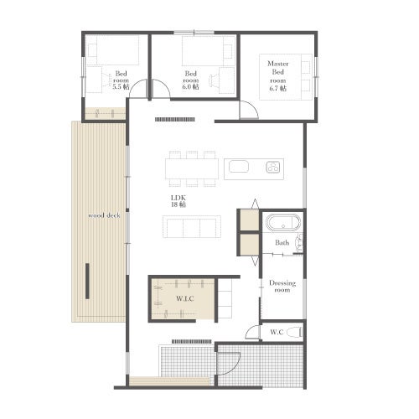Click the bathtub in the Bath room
click(283, 223)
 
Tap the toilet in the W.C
click(294, 332)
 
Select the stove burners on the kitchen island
click(273, 167)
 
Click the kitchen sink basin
click(239, 167)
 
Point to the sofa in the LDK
click(192, 226)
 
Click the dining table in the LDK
click(192, 168)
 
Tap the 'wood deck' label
click(104, 215)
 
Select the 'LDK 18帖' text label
click(178, 201)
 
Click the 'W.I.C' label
click(185, 298)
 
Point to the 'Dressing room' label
click(282, 287)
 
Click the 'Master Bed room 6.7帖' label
click(278, 76)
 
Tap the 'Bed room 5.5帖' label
click(121, 80)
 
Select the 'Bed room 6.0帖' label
click(191, 80)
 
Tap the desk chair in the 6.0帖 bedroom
click(214, 80)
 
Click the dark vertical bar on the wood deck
click(87, 281)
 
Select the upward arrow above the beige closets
click(255, 204)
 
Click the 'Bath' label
click(282, 242)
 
